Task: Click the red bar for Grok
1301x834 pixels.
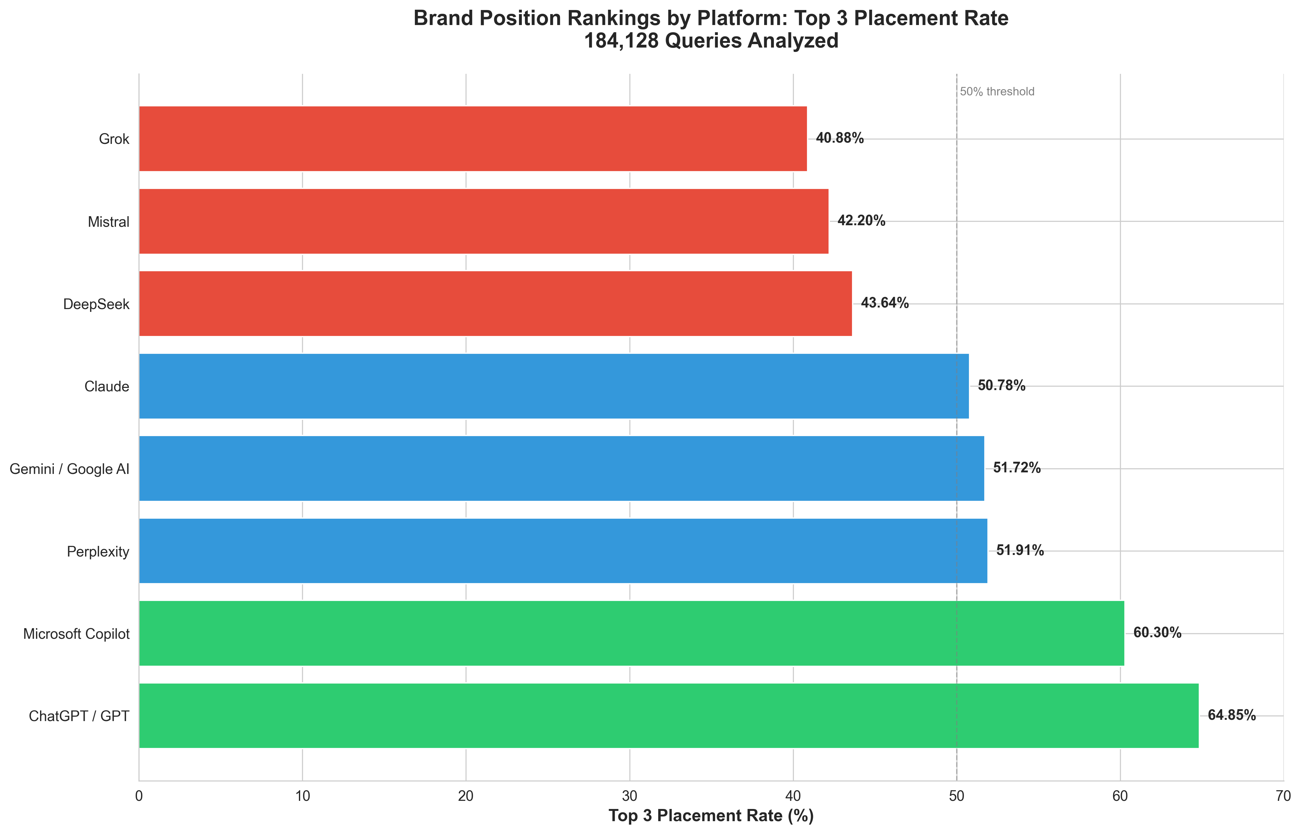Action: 472,139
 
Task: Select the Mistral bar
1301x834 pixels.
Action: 483,221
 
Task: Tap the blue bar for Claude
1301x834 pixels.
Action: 554,386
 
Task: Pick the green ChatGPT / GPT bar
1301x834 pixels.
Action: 668,715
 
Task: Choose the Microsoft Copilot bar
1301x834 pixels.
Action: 631,633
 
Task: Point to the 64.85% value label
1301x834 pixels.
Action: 1231,715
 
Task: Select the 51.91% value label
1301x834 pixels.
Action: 1020,551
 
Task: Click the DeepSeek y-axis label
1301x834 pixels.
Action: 96,304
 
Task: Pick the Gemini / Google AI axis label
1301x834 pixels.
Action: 69,469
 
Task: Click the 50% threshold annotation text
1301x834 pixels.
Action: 997,92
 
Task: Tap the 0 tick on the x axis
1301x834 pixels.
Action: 139,796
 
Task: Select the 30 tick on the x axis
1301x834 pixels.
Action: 629,796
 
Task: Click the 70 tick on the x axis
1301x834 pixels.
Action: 1283,796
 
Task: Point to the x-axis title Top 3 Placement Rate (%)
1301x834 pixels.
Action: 711,816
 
